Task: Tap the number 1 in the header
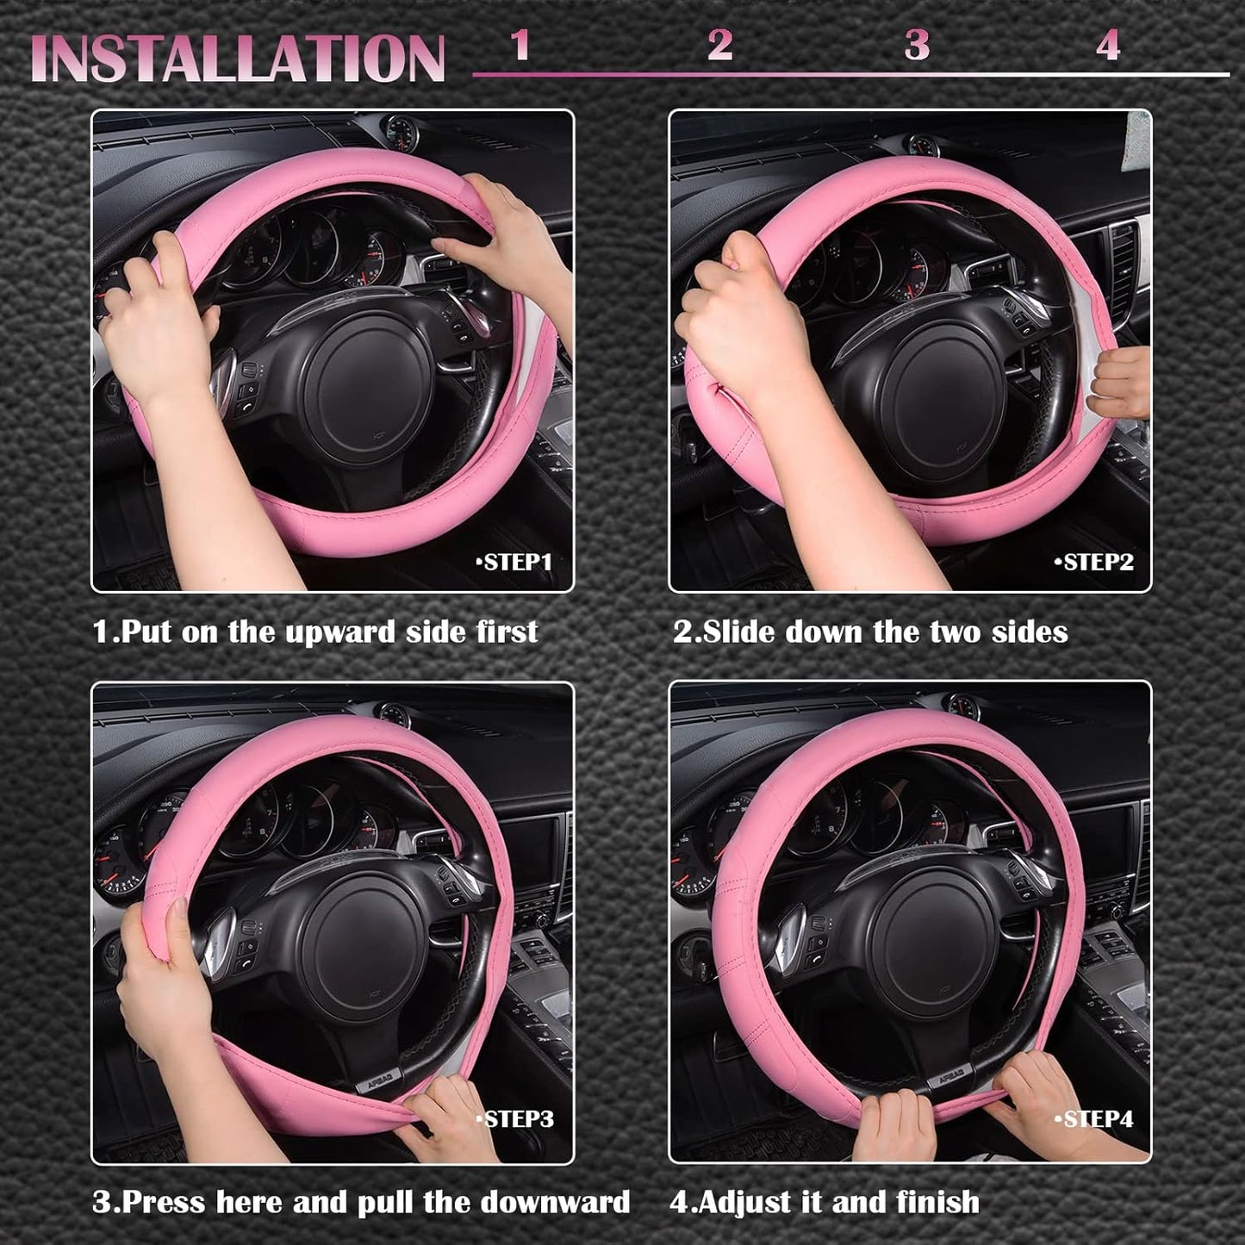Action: (520, 45)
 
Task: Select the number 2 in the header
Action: (719, 45)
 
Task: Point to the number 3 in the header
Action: (917, 45)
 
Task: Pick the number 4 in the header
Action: (1108, 45)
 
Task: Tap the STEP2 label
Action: (1094, 563)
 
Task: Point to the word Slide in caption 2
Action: (741, 632)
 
